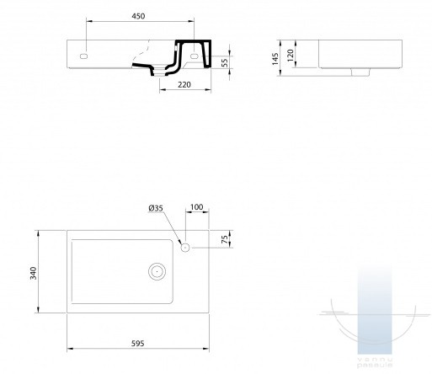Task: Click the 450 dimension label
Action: click(138, 16)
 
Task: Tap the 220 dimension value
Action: click(184, 84)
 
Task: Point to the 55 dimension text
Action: click(225, 63)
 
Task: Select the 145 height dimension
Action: click(275, 59)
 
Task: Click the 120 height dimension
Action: click(291, 56)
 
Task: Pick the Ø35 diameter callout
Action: click(156, 208)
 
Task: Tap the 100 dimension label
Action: click(196, 207)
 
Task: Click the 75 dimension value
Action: click(225, 239)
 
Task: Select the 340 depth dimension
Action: click(34, 273)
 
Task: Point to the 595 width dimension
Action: click(138, 343)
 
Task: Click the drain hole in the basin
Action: click(157, 271)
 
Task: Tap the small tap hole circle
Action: click(185, 248)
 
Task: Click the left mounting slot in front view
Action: click(83, 56)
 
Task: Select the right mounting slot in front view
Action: click(195, 56)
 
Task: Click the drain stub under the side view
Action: click(360, 72)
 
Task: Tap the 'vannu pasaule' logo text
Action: click(375, 363)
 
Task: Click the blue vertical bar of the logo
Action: click(375, 311)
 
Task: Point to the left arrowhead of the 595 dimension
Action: click(70, 349)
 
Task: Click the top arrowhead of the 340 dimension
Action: click(38, 233)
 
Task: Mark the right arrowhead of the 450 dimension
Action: click(191, 20)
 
